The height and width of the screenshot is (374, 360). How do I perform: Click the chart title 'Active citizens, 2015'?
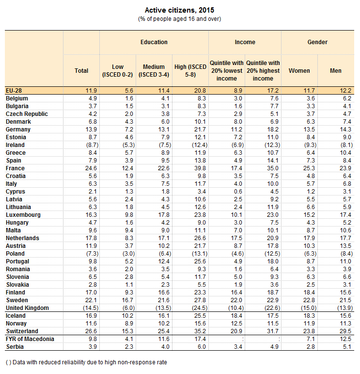(x=179, y=10)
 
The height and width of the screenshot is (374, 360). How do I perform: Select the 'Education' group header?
(x=154, y=42)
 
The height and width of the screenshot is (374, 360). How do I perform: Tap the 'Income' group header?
(x=245, y=42)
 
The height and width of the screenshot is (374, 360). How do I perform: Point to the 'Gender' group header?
(x=317, y=42)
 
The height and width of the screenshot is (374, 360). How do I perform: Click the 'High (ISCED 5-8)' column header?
(x=190, y=70)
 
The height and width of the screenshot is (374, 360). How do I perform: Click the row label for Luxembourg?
(x=23, y=215)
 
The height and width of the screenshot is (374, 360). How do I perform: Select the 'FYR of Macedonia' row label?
(x=30, y=339)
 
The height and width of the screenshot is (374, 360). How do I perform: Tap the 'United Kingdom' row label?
(x=27, y=308)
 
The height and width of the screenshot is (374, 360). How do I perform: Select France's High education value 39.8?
(x=190, y=168)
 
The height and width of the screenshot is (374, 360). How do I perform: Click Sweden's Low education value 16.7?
(x=118, y=300)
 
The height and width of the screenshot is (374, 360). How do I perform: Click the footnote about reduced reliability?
(x=86, y=362)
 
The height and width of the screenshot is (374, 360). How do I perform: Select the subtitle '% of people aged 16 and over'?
(x=179, y=19)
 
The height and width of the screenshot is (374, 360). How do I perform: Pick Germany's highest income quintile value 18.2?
(x=263, y=130)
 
